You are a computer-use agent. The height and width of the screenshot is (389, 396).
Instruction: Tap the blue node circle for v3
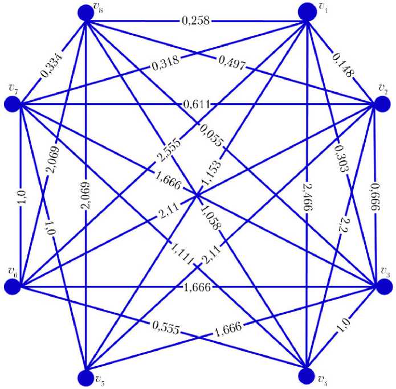385,287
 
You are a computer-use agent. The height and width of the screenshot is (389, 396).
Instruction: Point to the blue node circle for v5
85,376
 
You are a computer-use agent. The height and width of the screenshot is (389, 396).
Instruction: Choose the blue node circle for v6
13,286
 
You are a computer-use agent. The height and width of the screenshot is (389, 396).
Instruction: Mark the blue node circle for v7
13,104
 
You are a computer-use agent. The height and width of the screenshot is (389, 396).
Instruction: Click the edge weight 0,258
196,22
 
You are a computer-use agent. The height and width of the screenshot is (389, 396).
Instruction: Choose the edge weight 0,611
197,104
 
